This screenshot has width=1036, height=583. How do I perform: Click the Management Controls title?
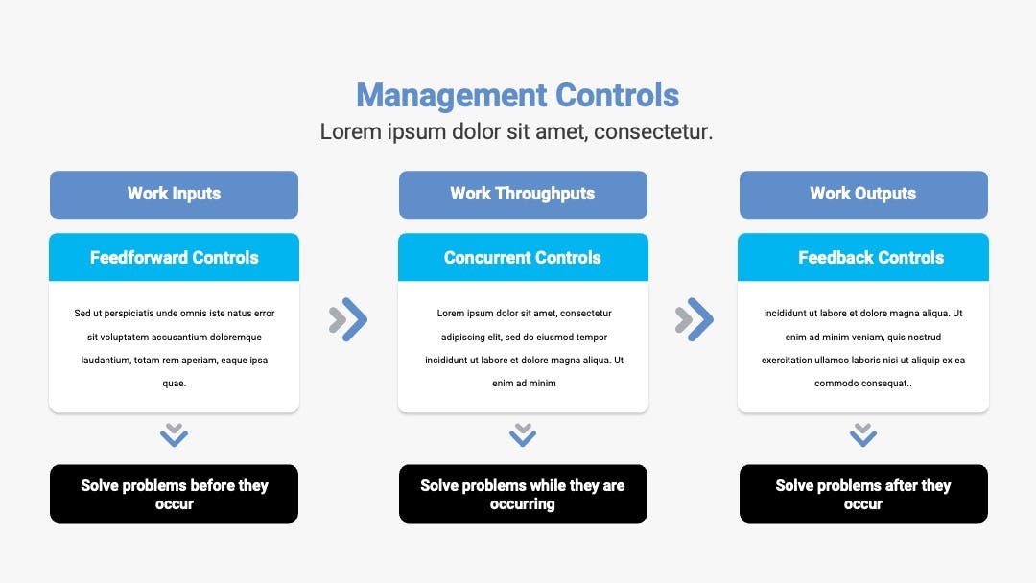point(517,96)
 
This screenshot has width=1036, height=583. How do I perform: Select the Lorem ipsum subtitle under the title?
point(517,132)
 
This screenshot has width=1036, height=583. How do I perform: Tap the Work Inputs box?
point(174,194)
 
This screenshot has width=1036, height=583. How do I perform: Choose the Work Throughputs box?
point(523,194)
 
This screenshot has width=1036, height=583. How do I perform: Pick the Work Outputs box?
point(863,194)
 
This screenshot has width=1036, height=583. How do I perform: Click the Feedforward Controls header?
point(174,258)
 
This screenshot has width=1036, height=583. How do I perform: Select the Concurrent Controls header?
point(523,258)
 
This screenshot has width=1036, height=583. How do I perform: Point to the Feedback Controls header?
point(863,258)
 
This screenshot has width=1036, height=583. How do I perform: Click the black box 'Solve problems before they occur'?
point(174,494)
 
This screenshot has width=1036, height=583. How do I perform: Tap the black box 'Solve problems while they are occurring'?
point(523,494)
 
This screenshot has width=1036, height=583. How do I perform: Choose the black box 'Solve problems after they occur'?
point(863,494)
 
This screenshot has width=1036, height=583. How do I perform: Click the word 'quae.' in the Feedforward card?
point(175,384)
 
